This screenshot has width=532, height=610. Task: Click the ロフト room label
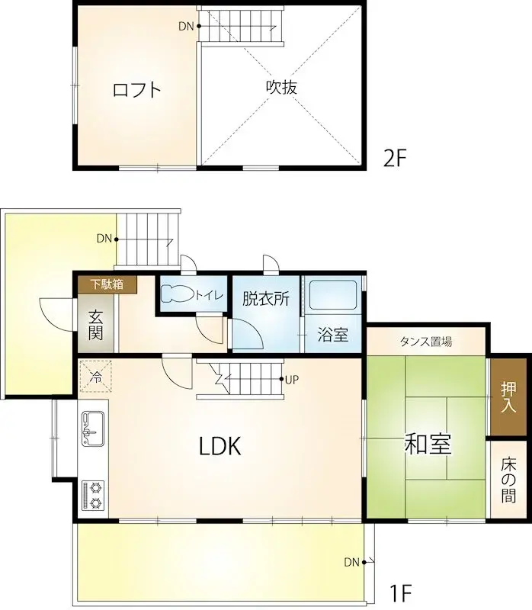137,90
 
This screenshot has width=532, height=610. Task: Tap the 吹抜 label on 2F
280,87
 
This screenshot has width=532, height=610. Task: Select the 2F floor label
396,158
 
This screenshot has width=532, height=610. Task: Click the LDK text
220,447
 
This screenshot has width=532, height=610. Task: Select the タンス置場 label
425,341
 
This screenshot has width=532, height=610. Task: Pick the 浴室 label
333,334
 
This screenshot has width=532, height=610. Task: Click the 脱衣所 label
266,299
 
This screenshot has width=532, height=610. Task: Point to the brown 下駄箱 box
107,285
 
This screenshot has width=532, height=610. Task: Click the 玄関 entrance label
95,324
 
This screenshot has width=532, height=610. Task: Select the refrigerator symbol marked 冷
97,375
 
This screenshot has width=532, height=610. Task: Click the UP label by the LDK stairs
291,379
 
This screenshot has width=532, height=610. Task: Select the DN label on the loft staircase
186,26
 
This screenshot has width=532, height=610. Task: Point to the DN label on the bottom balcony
351,563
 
